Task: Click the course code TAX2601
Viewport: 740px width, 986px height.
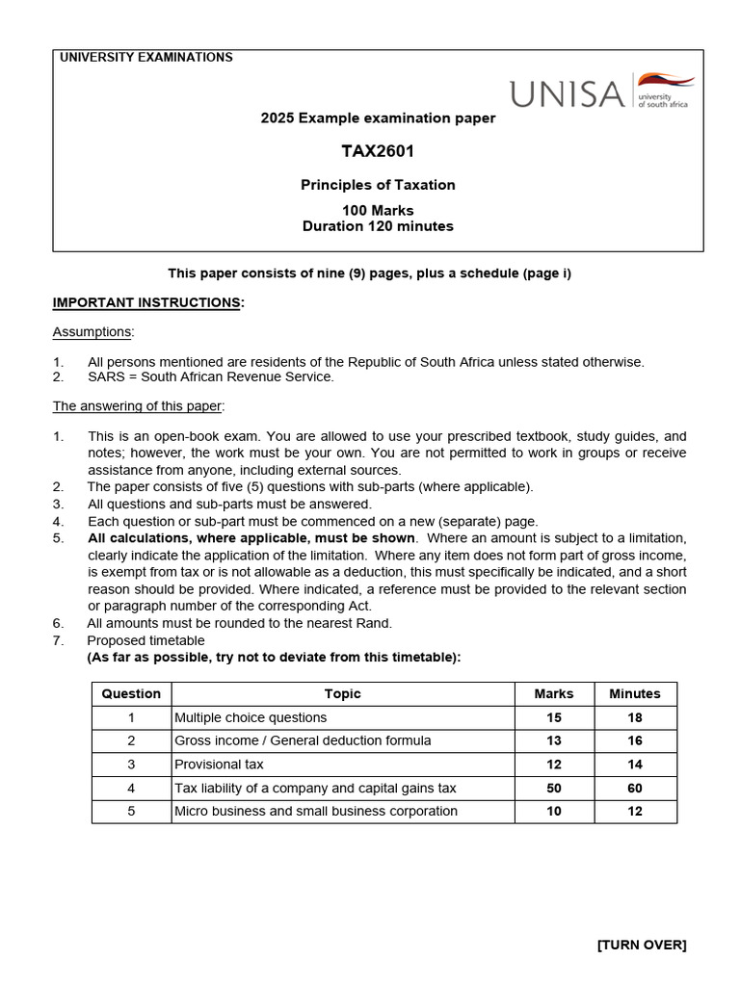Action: (x=378, y=151)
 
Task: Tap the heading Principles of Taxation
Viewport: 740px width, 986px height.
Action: (x=378, y=185)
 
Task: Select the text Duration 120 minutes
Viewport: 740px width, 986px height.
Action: (x=378, y=227)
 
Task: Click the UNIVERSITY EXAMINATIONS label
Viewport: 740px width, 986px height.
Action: (x=146, y=58)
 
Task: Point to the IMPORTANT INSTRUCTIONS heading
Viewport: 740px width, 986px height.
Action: (x=147, y=302)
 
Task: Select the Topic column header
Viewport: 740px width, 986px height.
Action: (x=342, y=693)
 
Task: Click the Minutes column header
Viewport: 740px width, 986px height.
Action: (x=635, y=693)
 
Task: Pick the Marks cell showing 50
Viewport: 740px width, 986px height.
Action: (x=553, y=788)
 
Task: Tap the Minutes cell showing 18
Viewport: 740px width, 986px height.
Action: (x=635, y=717)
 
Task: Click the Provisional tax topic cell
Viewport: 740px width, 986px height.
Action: (x=219, y=765)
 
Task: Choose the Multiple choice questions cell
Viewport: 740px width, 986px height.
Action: (x=251, y=717)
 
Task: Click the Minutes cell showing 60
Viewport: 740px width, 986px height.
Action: (x=635, y=788)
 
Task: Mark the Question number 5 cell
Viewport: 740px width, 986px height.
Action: (x=131, y=811)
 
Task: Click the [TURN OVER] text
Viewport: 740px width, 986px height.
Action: (x=642, y=945)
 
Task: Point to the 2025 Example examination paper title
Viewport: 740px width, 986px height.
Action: (x=378, y=118)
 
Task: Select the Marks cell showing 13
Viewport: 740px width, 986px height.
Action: (x=553, y=740)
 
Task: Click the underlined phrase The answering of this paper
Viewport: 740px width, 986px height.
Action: (x=138, y=405)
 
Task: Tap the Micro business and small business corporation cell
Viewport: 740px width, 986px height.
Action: (x=315, y=811)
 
